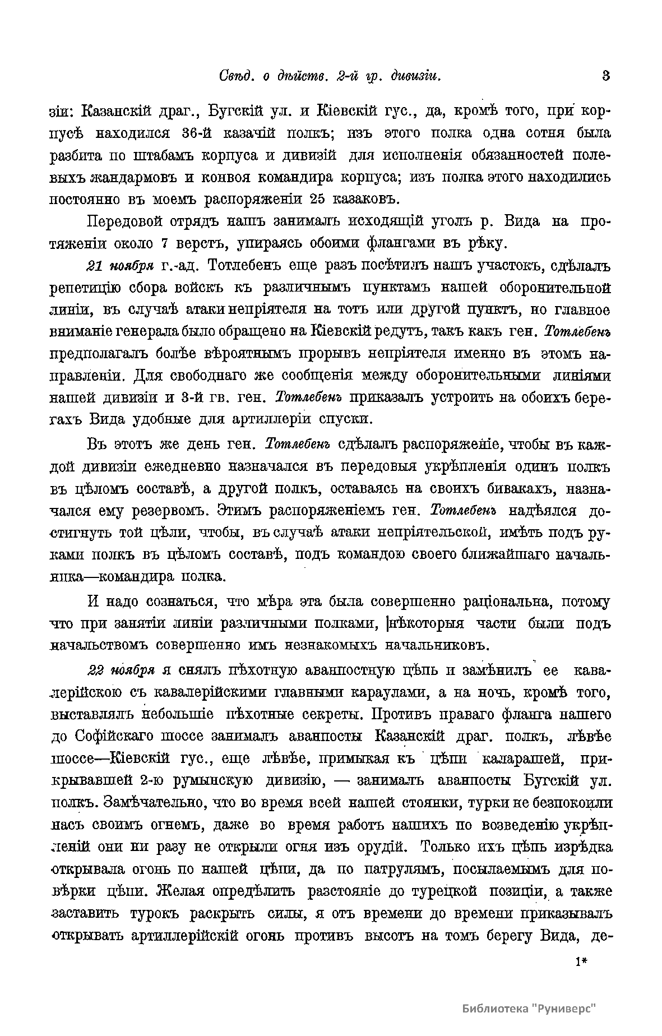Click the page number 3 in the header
coord(605,76)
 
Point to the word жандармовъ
coord(131,178)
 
